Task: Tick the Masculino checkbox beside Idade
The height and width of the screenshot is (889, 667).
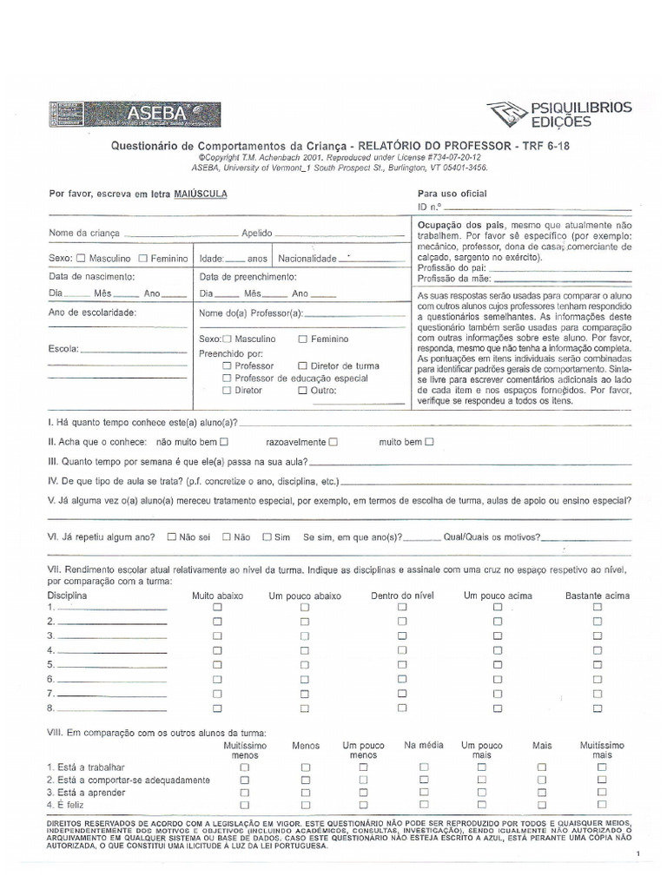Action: pos(82,259)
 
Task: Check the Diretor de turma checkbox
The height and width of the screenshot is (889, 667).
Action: pos(302,366)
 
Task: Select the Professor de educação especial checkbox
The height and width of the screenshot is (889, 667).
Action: pos(227,379)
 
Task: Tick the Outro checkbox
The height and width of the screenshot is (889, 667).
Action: pos(302,391)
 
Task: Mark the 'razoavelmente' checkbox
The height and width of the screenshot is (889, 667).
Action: pos(333,442)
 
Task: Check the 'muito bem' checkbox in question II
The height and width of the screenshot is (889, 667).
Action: pos(429,442)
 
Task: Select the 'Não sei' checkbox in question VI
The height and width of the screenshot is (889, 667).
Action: pos(171,537)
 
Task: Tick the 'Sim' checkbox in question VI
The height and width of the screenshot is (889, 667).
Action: pos(267,537)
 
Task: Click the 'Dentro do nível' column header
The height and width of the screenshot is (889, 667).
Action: pos(401,596)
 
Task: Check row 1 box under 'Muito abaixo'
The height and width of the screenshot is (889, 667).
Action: pos(218,608)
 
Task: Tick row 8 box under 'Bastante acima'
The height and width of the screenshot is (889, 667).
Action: pos(598,708)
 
